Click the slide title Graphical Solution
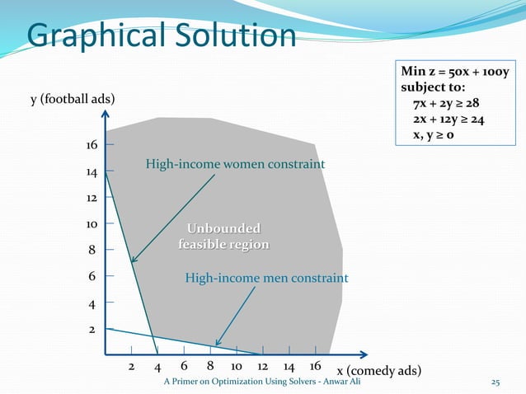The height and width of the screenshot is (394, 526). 161,35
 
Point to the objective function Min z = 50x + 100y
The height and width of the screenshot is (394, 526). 455,72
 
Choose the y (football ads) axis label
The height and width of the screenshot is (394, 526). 73,100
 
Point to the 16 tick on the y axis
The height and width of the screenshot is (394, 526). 92,145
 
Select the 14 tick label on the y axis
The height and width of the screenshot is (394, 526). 92,173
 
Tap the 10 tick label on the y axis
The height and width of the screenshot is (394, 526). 92,223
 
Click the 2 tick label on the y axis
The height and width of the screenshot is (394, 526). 92,329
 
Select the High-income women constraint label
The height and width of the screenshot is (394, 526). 235,165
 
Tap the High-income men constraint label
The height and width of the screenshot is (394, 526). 266,279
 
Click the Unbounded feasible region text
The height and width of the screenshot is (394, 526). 223,237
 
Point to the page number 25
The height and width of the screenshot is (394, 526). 495,382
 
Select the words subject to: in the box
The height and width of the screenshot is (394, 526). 433,87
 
